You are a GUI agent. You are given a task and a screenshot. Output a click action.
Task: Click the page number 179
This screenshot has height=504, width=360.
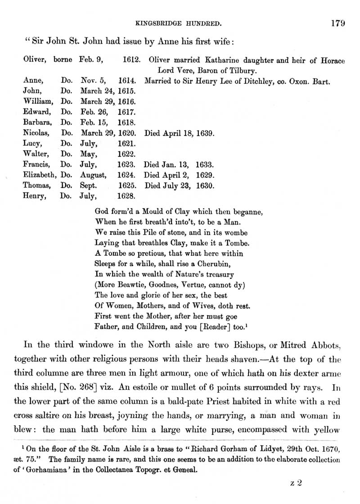(x=337, y=23)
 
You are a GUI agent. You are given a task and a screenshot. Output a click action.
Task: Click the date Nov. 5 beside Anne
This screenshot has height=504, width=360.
(x=93, y=82)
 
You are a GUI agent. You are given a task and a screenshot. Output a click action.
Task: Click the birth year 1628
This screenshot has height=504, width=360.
(x=126, y=195)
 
